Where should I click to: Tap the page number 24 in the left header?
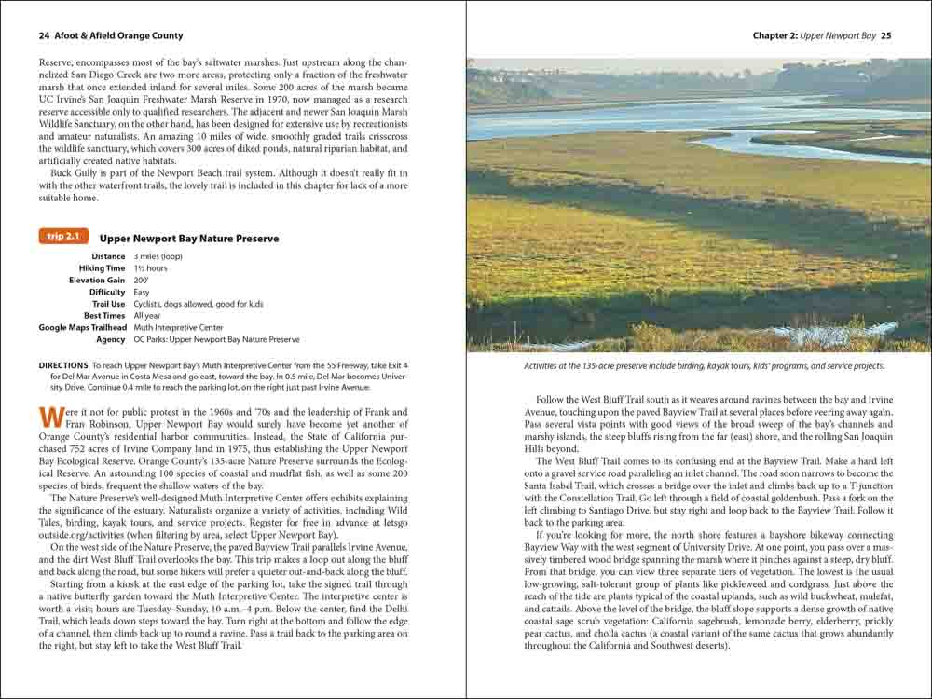[x=44, y=36]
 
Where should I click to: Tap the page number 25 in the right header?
[x=886, y=36]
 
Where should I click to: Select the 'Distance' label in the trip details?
[x=108, y=256]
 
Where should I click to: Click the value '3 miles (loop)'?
[x=160, y=256]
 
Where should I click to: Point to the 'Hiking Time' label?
[x=102, y=268]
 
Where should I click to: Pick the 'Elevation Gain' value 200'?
[x=141, y=281]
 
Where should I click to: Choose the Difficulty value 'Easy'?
[x=143, y=293]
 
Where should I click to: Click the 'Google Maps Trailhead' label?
[x=82, y=328]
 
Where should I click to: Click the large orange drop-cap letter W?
[x=49, y=418]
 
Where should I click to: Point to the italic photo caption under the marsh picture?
[x=704, y=366]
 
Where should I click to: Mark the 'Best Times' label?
[x=104, y=316]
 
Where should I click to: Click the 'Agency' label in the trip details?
[x=110, y=340]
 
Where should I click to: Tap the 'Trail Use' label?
[x=108, y=304]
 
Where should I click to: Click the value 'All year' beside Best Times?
[x=147, y=316]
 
